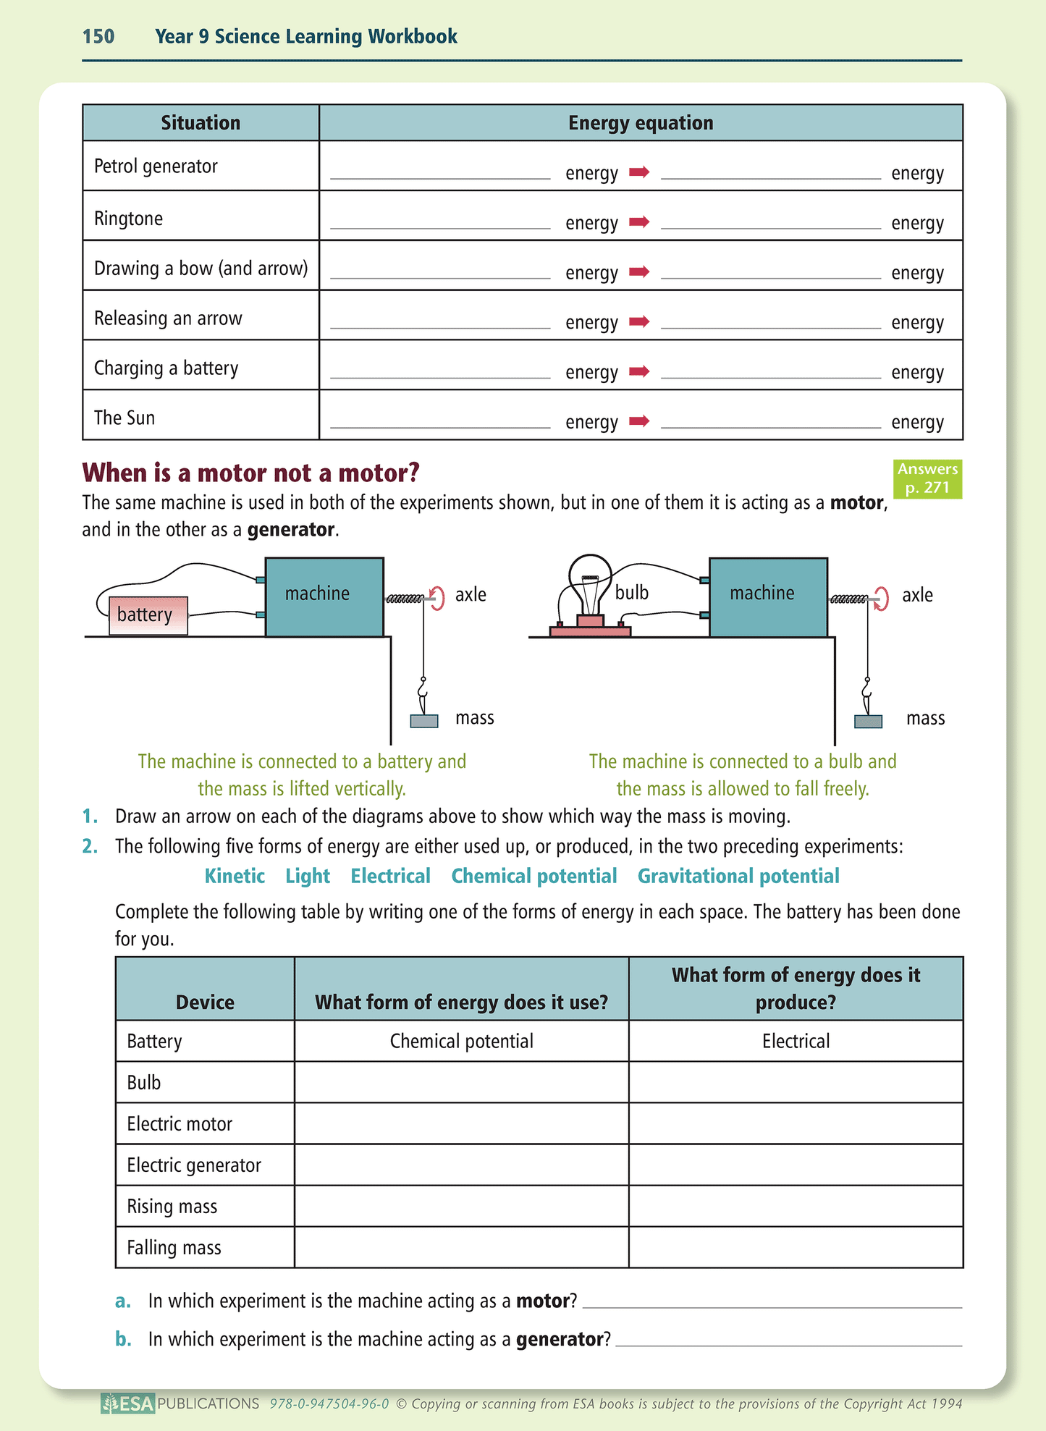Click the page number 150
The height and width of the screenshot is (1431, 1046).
tap(98, 36)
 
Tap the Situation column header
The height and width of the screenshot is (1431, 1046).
tap(201, 123)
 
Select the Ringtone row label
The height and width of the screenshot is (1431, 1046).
tap(129, 219)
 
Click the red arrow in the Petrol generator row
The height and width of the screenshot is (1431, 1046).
tap(639, 172)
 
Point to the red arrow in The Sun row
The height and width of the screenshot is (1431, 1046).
tap(639, 421)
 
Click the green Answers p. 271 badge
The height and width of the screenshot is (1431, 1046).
tap(927, 478)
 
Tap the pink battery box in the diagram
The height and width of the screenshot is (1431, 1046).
tap(148, 615)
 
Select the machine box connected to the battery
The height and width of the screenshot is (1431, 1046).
tap(324, 597)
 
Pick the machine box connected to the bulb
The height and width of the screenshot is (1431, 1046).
tap(768, 597)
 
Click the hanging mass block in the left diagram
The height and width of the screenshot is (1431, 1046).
tap(424, 721)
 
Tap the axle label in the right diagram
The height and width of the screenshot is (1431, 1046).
tap(917, 595)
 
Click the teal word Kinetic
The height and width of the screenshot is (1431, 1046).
tap(235, 876)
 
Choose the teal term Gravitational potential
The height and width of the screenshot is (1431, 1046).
tap(738, 876)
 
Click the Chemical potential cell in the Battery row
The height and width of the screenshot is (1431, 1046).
tap(461, 1041)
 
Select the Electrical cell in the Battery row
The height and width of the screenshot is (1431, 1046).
tap(796, 1041)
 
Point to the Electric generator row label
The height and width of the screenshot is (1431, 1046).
tap(194, 1165)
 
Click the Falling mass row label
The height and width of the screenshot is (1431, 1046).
tap(174, 1247)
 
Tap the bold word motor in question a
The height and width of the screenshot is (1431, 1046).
tap(543, 1301)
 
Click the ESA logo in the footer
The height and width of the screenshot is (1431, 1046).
tap(128, 1403)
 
